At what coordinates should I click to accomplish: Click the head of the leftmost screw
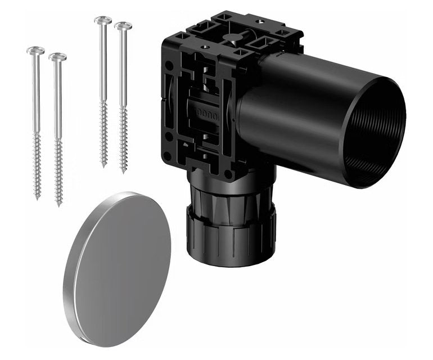[35, 51]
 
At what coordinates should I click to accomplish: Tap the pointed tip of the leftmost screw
[38, 198]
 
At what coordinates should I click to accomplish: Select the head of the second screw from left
[57, 57]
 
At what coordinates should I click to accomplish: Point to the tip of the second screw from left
[58, 205]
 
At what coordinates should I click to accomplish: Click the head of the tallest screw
[103, 20]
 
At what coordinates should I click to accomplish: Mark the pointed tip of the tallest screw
[103, 166]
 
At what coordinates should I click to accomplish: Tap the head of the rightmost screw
[123, 26]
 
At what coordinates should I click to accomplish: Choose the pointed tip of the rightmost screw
[124, 172]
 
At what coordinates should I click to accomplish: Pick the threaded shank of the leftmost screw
[37, 163]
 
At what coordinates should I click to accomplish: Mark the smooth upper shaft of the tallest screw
[103, 62]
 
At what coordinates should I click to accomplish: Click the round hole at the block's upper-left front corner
[168, 65]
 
